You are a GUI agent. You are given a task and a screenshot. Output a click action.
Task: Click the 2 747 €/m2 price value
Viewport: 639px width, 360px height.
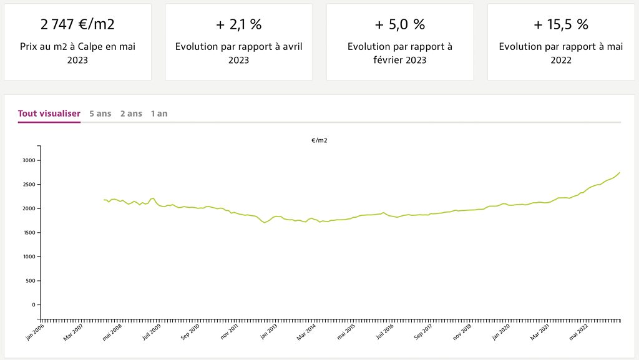point(77,24)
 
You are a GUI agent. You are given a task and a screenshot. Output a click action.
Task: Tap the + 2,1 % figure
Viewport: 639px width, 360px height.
point(238,24)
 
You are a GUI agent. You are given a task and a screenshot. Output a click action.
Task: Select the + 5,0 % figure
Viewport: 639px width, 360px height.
point(400,24)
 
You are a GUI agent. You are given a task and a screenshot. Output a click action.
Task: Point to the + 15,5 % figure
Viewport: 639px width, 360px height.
point(561,24)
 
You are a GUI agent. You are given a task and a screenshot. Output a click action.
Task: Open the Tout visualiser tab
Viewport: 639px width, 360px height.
point(49,114)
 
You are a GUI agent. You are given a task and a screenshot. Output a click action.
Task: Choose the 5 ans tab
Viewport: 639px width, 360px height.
point(100,114)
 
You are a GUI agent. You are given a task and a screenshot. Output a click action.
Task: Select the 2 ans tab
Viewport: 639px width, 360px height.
point(131,114)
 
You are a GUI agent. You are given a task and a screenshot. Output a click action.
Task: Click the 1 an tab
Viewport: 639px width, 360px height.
point(159,114)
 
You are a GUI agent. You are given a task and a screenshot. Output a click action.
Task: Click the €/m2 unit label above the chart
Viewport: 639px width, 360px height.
point(319,140)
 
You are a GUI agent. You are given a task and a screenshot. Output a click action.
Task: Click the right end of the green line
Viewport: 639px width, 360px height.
point(620,172)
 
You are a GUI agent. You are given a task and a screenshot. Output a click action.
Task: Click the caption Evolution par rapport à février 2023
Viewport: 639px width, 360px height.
point(400,53)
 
